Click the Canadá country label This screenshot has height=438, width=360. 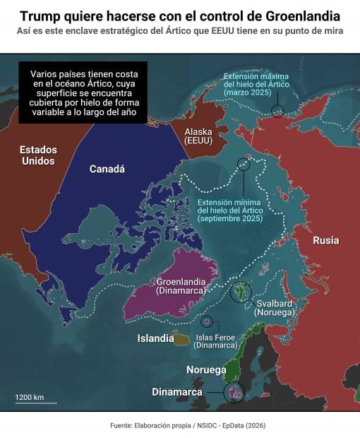[107, 169]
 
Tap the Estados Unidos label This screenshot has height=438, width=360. [37, 155]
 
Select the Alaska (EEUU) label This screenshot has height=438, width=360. [198, 136]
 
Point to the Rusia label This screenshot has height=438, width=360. [325, 240]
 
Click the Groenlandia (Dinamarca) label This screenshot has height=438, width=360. [181, 285]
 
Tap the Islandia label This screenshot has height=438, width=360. [155, 338]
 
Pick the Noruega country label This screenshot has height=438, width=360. [206, 369]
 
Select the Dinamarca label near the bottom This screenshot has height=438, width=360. [177, 392]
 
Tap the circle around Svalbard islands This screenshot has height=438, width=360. [241, 291]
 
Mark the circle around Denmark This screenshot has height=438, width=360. [234, 392]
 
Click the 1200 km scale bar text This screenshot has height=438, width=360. [30, 397]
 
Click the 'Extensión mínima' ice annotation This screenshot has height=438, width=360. [230, 211]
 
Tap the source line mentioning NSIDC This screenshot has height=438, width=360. [188, 425]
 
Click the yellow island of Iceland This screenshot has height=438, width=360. [183, 340]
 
